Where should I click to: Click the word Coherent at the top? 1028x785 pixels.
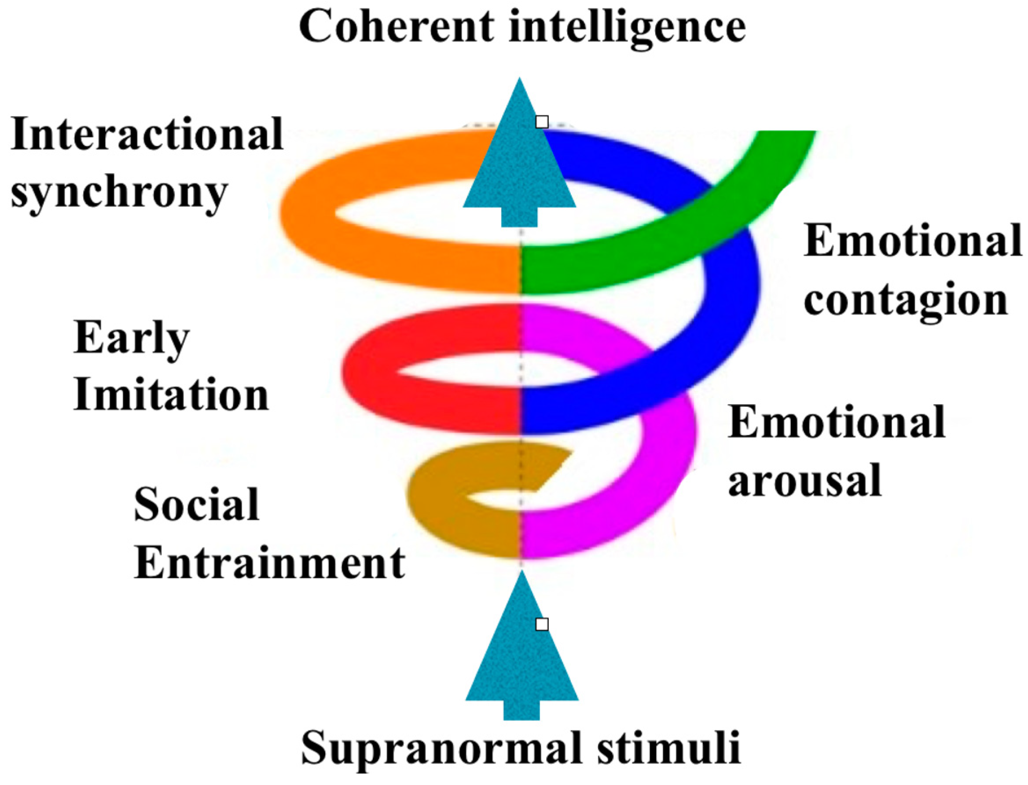[397, 27]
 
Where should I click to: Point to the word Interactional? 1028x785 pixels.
[147, 134]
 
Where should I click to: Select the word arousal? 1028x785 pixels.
[804, 481]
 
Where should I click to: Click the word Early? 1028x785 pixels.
[131, 339]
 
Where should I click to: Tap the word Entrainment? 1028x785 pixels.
[270, 563]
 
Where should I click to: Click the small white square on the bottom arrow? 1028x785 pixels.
[542, 624]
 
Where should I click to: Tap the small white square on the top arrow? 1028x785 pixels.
[542, 122]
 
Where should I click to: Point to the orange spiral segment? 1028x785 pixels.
[327, 219]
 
